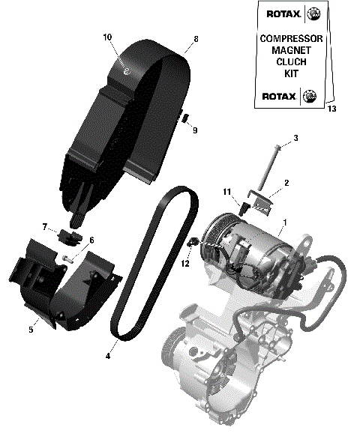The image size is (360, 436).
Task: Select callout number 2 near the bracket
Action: pos(286,182)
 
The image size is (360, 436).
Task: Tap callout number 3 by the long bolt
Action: pos(295,138)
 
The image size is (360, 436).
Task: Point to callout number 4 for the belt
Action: pos(108,356)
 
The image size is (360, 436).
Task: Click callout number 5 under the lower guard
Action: pos(31,329)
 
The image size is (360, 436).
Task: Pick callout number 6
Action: pos(91,240)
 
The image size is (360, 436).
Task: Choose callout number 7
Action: pos(44,226)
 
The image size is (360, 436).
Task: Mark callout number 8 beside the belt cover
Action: pos(196,38)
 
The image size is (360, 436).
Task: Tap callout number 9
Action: pos(194,130)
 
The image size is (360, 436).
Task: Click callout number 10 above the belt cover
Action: pos(107,36)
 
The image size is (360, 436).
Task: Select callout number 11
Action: pos(226,193)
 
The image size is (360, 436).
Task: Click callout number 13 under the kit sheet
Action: pos(332,109)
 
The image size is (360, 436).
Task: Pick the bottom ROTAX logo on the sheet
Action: pos(281,95)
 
